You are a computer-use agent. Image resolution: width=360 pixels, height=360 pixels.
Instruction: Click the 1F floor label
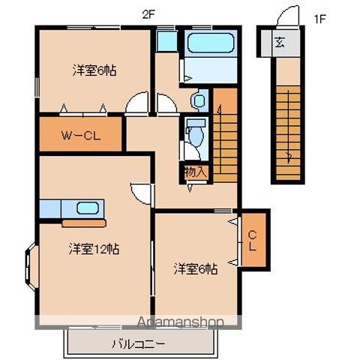click(x=320, y=18)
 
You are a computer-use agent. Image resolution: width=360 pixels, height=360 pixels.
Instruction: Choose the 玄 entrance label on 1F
click(x=279, y=41)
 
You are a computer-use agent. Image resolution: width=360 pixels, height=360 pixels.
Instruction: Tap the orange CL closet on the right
click(x=253, y=239)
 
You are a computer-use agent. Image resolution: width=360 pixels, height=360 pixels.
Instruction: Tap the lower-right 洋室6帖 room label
click(x=196, y=268)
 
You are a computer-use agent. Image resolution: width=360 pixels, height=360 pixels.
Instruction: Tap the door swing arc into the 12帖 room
click(x=139, y=190)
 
